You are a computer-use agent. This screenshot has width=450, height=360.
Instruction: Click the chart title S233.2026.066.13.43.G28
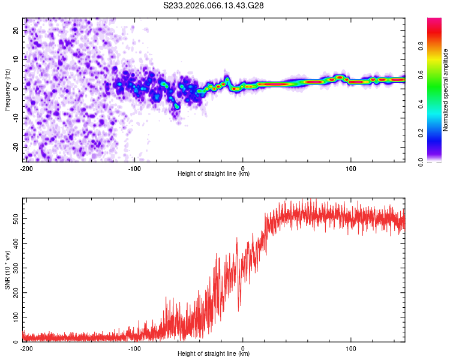214,6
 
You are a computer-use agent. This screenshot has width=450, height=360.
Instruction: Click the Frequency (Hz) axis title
7,89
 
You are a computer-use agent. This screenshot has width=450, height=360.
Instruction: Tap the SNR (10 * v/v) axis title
7,270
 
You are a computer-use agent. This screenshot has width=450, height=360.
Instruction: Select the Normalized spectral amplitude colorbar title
445,89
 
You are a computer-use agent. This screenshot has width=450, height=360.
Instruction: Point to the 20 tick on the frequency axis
16,30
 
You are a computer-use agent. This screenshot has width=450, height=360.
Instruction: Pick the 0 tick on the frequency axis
18,89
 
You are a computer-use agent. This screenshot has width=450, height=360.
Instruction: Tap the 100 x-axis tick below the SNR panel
351,347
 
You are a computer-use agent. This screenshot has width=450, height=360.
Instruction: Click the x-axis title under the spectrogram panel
214,174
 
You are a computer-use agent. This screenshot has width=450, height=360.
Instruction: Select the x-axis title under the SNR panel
214,354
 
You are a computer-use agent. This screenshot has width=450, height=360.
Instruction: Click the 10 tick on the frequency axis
16,59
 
